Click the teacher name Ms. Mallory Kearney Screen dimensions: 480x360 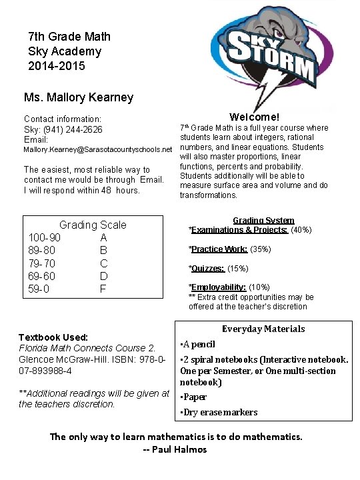click(x=79, y=97)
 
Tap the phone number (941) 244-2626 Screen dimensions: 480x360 click(x=80, y=129)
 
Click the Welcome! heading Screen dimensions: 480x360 click(x=254, y=117)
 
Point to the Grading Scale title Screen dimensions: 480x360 click(x=93, y=225)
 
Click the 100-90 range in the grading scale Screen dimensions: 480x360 click(x=45, y=237)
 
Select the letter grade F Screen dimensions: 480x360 click(x=103, y=289)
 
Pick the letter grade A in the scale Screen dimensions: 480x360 click(x=103, y=237)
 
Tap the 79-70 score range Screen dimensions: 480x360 click(x=42, y=263)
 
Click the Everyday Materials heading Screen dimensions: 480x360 click(x=263, y=329)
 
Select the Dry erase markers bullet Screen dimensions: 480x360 click(x=219, y=412)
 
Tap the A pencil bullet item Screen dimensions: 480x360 click(x=198, y=344)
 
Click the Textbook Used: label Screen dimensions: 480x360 click(x=53, y=337)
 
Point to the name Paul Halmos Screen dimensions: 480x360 click(x=179, y=449)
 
